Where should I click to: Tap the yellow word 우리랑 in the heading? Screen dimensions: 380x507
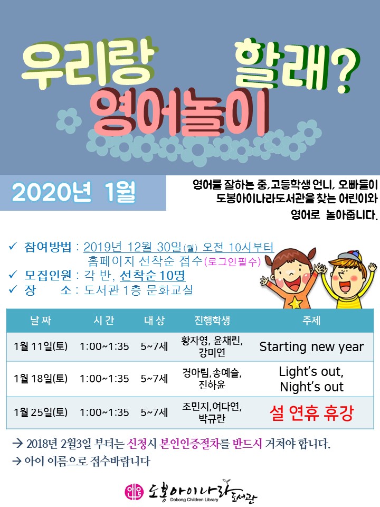tap(90, 64)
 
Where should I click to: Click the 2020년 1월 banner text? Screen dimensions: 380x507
tap(74, 192)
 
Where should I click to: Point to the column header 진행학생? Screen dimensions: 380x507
tap(212, 321)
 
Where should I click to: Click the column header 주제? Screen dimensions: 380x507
tap(311, 321)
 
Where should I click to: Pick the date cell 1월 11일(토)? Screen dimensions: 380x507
tap(41, 346)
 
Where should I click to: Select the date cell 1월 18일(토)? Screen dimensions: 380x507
tap(41, 378)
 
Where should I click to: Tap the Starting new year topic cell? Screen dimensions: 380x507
tap(311, 346)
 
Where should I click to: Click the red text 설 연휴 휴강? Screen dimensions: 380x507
tap(311, 412)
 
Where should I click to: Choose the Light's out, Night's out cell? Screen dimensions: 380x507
tap(311, 379)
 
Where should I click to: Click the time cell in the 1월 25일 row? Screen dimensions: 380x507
tap(104, 412)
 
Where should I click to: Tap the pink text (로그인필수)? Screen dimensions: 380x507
tap(233, 261)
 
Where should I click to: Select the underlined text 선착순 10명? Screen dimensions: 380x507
tap(153, 276)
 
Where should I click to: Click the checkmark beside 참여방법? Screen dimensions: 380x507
tap(13, 247)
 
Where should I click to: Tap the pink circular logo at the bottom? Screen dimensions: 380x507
tap(134, 491)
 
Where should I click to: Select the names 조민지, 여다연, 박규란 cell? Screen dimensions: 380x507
tap(212, 412)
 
